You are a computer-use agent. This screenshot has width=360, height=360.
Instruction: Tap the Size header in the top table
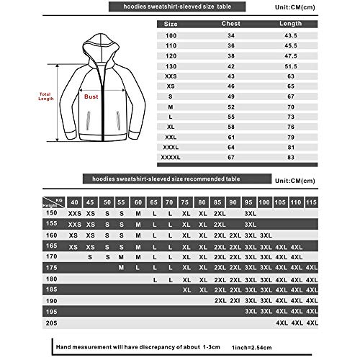(171, 23)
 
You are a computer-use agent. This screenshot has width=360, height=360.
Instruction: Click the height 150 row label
(51, 213)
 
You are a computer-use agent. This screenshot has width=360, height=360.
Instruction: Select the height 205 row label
(51, 324)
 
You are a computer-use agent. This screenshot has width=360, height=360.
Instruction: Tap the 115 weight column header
(310, 202)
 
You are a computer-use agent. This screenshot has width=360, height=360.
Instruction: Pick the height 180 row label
(51, 279)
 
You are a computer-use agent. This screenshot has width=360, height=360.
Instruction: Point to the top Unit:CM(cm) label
(315, 8)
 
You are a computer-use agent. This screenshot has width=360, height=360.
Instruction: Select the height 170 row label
(51, 256)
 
